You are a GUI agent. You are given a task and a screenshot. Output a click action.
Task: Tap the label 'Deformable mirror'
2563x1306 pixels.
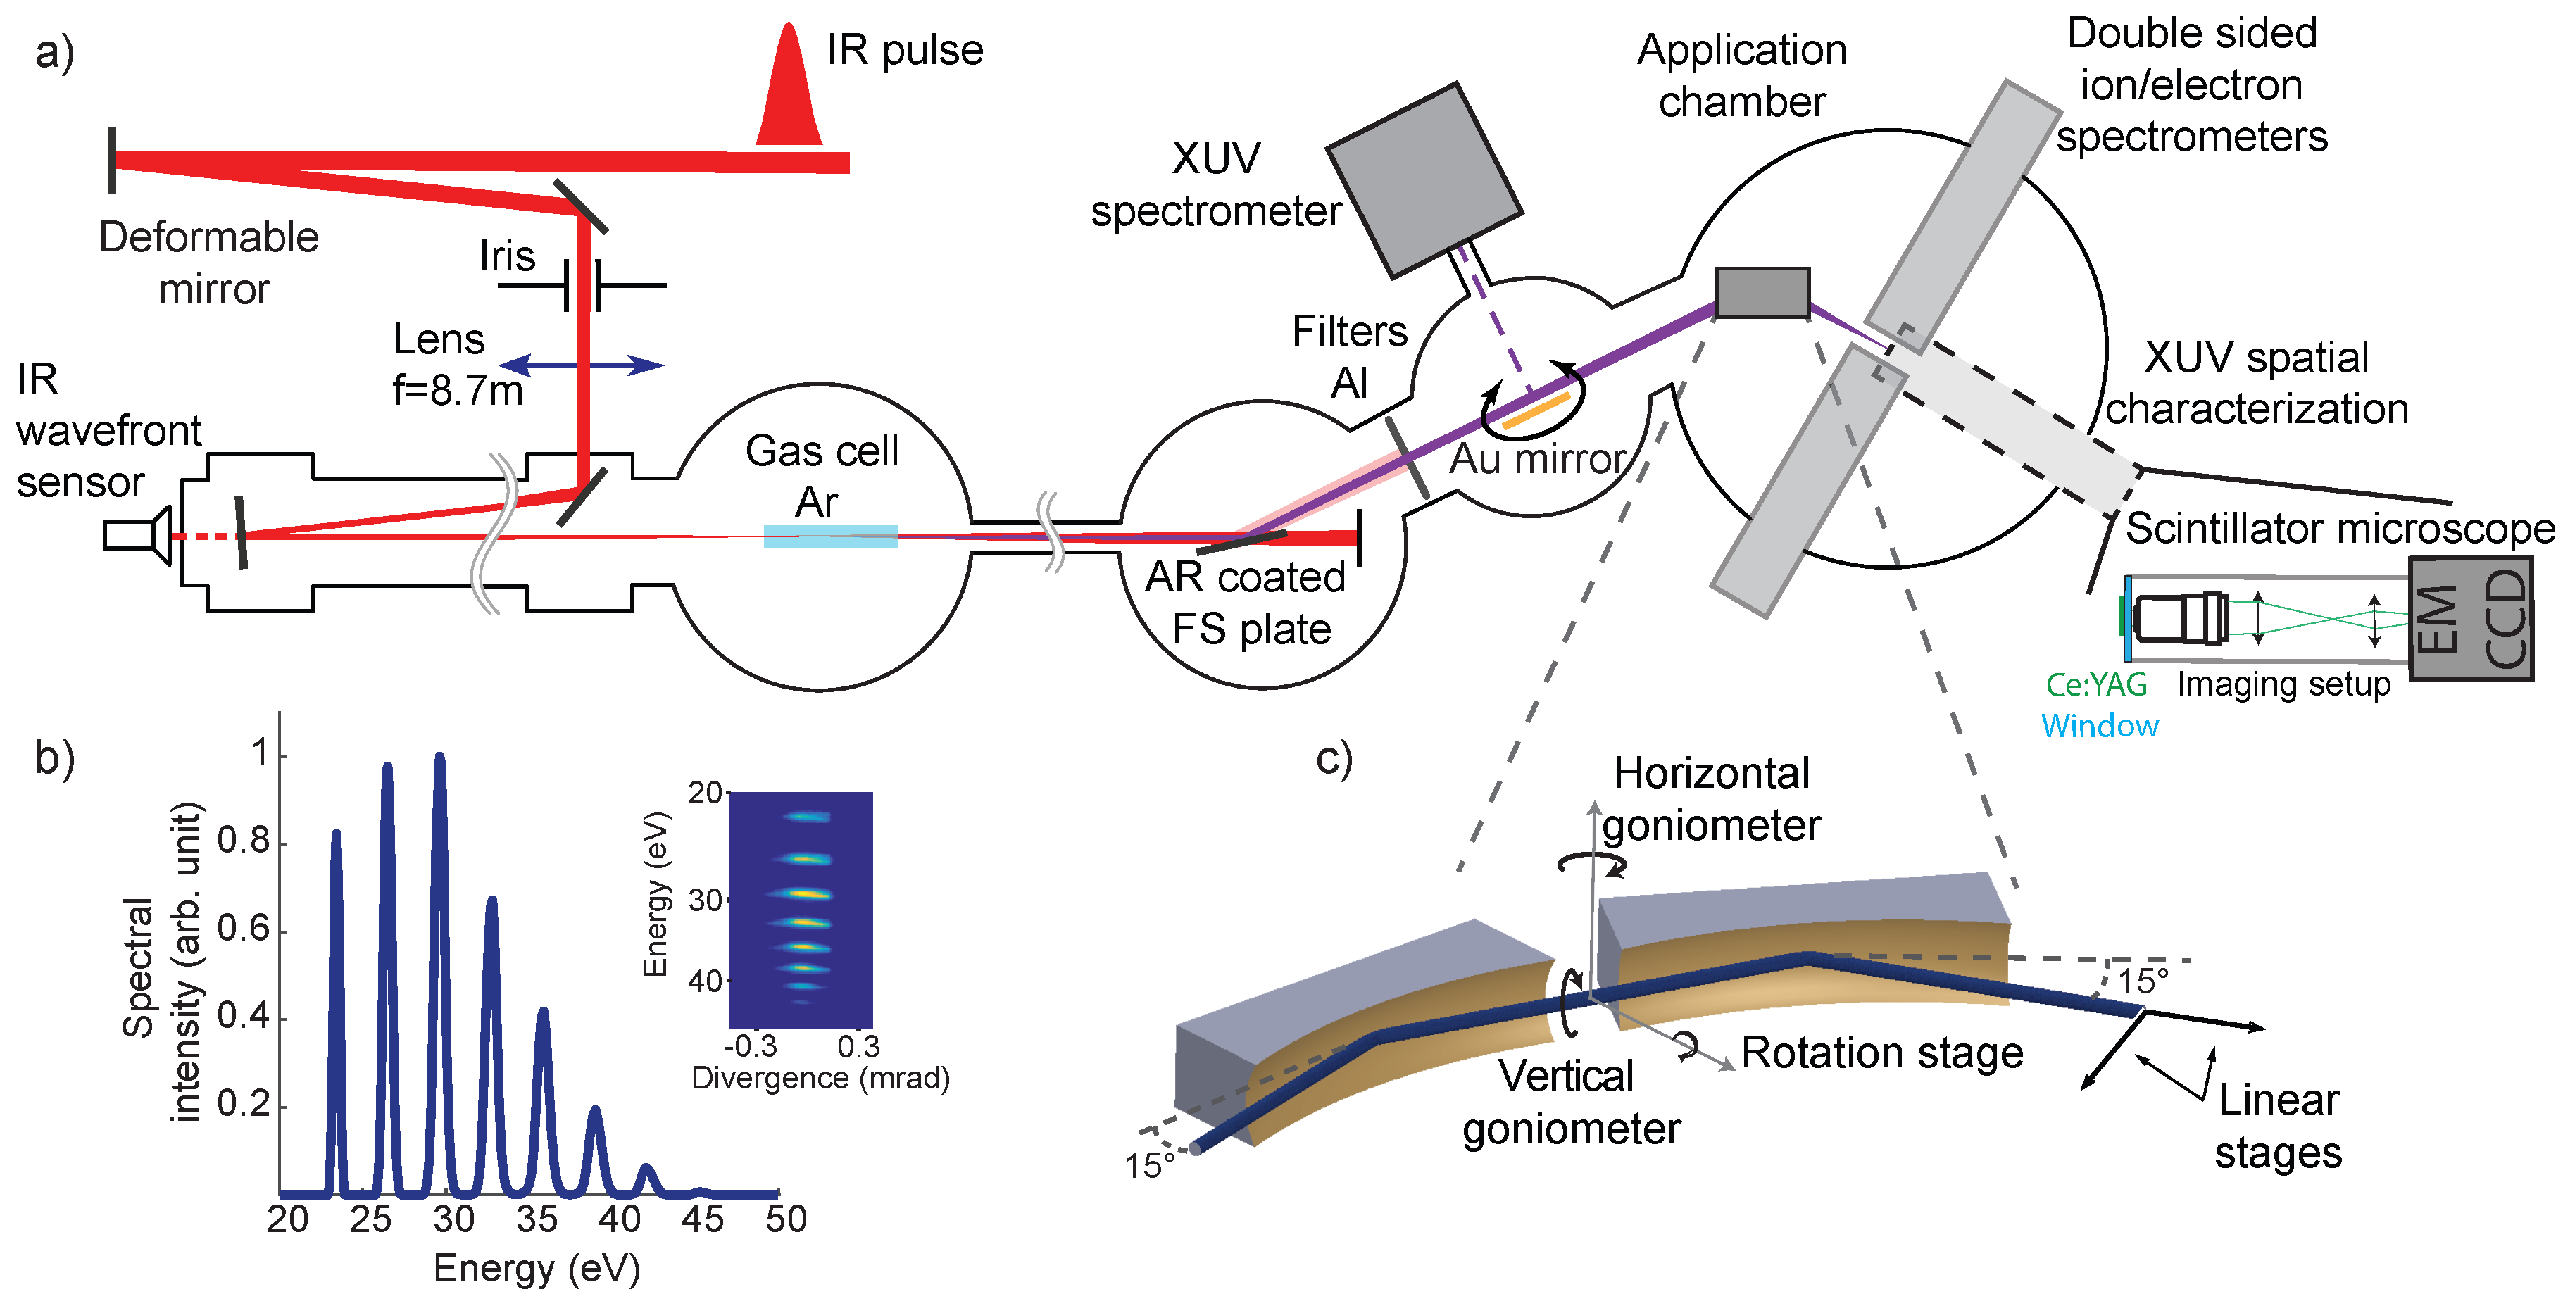click(209, 263)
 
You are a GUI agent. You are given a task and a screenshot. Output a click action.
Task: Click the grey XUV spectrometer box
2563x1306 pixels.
click(1424, 179)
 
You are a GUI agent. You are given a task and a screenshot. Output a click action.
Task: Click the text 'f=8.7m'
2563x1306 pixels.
click(458, 391)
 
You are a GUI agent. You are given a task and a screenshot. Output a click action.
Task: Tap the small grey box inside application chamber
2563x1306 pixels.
click(1762, 292)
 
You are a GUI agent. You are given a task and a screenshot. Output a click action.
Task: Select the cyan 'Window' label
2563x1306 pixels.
click(2100, 726)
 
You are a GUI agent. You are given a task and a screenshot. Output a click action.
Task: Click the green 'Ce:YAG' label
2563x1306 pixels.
click(2095, 684)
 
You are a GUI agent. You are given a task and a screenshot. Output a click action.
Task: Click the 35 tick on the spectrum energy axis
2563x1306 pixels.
click(537, 1219)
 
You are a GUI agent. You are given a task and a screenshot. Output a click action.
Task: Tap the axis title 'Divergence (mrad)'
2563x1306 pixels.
click(820, 1078)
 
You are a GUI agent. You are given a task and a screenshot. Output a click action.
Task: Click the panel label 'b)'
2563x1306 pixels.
click(55, 758)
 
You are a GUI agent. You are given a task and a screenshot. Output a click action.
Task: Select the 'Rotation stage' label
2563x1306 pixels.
click(1881, 1053)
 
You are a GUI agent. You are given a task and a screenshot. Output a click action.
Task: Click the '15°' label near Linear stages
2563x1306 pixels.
click(2142, 981)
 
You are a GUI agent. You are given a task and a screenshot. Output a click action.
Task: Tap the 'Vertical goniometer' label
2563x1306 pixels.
click(1570, 1102)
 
